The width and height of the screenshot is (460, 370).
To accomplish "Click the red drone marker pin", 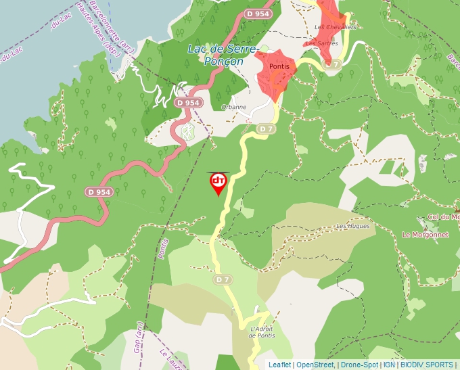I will point(218,183).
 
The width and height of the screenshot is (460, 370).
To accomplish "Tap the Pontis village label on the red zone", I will point(279,66).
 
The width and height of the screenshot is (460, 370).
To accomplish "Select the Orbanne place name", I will point(233,107).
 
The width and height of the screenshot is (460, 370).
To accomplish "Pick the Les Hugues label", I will point(353,226).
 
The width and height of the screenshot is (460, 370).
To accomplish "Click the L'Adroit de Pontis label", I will point(260,331).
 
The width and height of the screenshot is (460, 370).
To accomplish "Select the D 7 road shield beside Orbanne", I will point(267,129).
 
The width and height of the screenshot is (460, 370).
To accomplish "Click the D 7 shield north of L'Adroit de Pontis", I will point(223,279).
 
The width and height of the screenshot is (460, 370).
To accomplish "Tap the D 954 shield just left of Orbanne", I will point(188,103).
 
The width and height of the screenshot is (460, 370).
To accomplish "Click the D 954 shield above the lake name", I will point(258,14).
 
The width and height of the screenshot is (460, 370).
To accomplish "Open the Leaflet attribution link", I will point(279,365).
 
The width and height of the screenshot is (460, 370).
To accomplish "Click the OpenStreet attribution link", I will point(315,365).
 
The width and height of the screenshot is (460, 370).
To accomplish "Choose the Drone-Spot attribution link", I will point(359,365).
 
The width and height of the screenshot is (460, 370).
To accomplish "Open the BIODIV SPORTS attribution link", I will point(426,365).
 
